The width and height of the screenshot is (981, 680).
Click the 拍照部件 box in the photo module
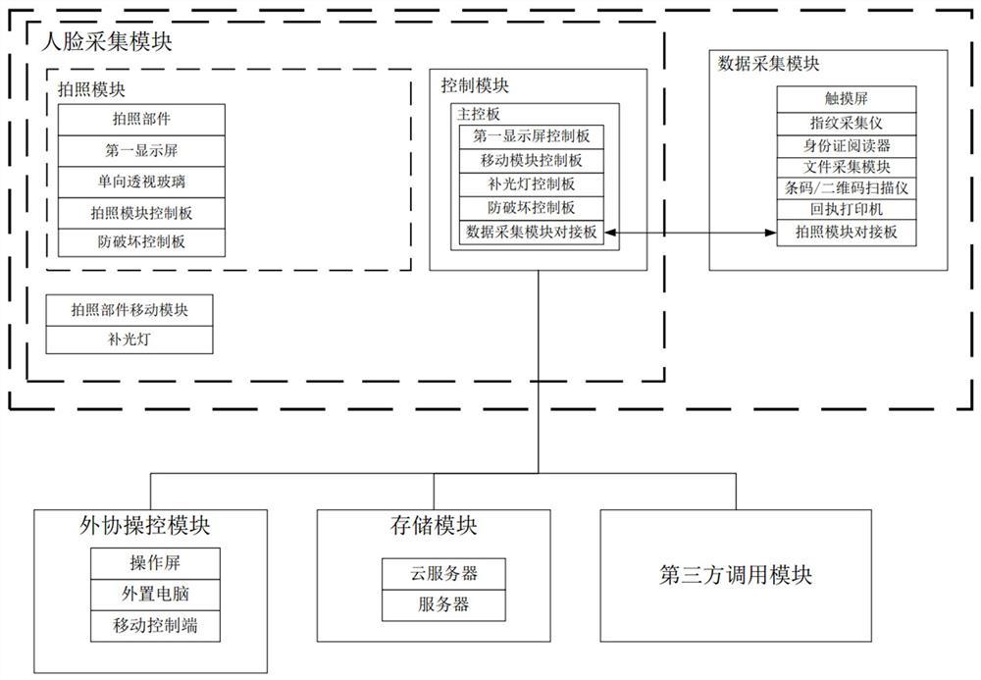[x=141, y=120]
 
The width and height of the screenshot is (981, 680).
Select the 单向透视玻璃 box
[x=141, y=182]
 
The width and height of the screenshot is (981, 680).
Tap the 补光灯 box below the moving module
[x=129, y=340]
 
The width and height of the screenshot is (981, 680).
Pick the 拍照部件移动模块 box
[x=129, y=310]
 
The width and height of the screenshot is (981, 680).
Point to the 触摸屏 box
[x=847, y=98]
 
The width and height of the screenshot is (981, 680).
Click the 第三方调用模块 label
[x=736, y=575]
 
